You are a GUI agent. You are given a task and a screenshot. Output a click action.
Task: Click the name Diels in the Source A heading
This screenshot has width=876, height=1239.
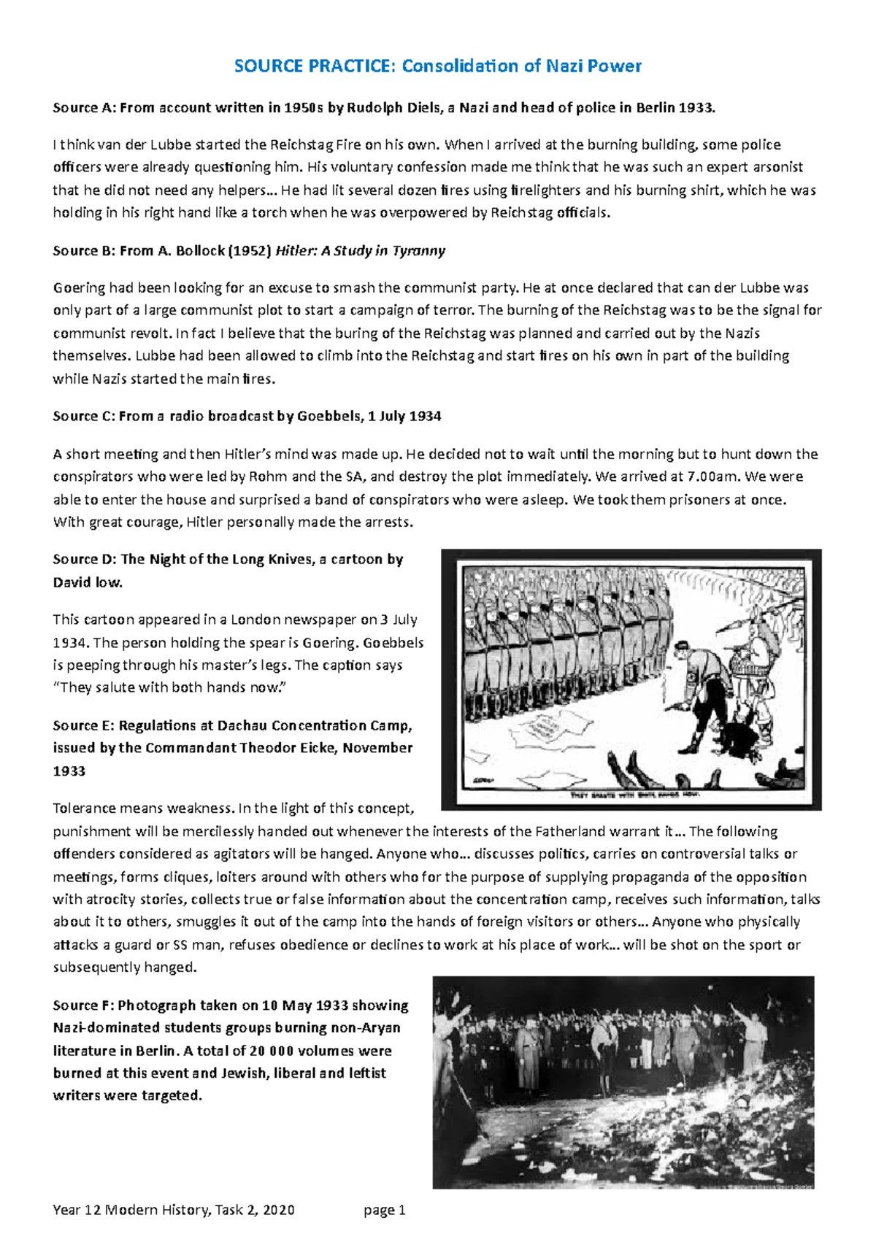423,108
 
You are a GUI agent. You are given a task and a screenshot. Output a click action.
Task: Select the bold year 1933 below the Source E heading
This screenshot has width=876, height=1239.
69,771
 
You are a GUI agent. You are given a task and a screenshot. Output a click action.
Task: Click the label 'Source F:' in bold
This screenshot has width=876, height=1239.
83,1006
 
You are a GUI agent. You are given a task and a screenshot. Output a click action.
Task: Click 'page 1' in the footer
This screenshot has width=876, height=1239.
385,1211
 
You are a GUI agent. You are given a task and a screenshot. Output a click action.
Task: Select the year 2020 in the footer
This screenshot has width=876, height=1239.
278,1211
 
